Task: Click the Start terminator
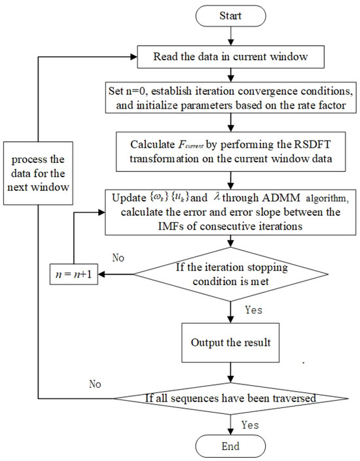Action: click(228, 14)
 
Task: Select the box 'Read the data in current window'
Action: click(228, 57)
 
